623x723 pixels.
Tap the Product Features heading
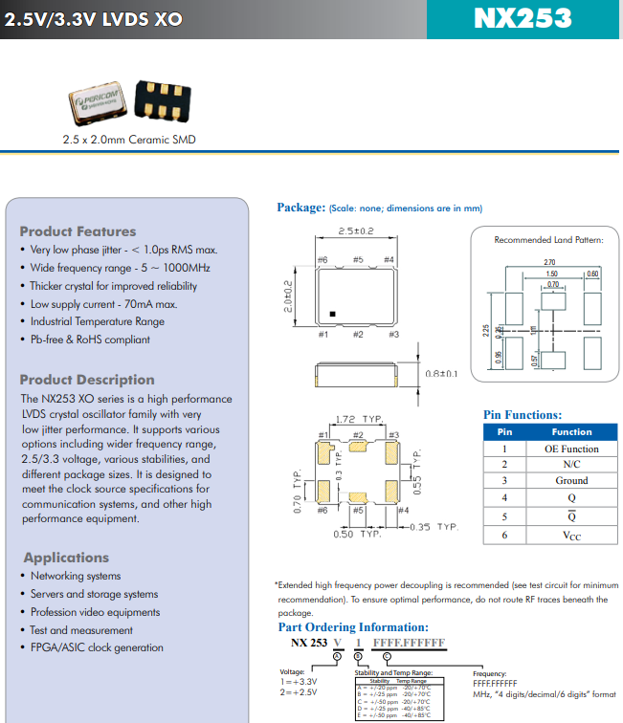click(x=78, y=231)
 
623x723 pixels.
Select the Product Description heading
click(x=86, y=380)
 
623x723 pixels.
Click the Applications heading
click(x=66, y=558)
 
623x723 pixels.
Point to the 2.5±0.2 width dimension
click(x=355, y=231)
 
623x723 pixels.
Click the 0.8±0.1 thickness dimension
click(x=441, y=373)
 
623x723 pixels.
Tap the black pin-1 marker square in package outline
click(x=332, y=313)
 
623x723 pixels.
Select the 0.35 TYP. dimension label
click(x=434, y=526)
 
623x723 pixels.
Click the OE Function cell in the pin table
click(x=571, y=449)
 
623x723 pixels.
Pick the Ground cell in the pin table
click(x=571, y=480)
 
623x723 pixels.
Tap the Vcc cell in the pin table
click(x=571, y=537)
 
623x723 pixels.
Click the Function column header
click(x=571, y=432)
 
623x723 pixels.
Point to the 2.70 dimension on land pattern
click(x=549, y=262)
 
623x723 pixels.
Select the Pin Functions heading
click(x=522, y=415)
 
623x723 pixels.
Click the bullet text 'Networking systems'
click(x=76, y=576)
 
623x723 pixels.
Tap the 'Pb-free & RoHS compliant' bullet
click(x=90, y=340)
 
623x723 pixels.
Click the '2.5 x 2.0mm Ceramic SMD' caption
click(x=128, y=140)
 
